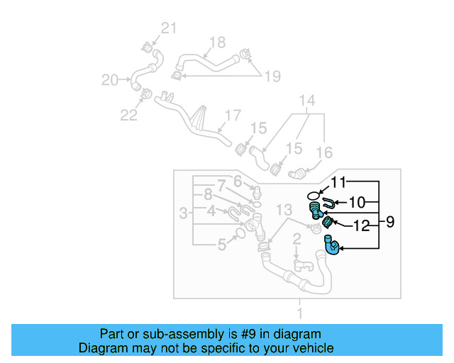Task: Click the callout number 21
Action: (x=167, y=28)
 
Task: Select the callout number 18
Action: (x=216, y=41)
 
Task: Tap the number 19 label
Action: (x=272, y=76)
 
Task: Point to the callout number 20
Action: (x=109, y=80)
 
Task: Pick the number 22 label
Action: (x=128, y=114)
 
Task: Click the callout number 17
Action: (x=233, y=115)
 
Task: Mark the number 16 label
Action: (x=323, y=152)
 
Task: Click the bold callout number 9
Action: (x=390, y=222)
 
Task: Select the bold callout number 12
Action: (x=362, y=226)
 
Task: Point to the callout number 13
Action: (x=284, y=210)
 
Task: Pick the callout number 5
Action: (x=222, y=245)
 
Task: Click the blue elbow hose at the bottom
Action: (x=331, y=246)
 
